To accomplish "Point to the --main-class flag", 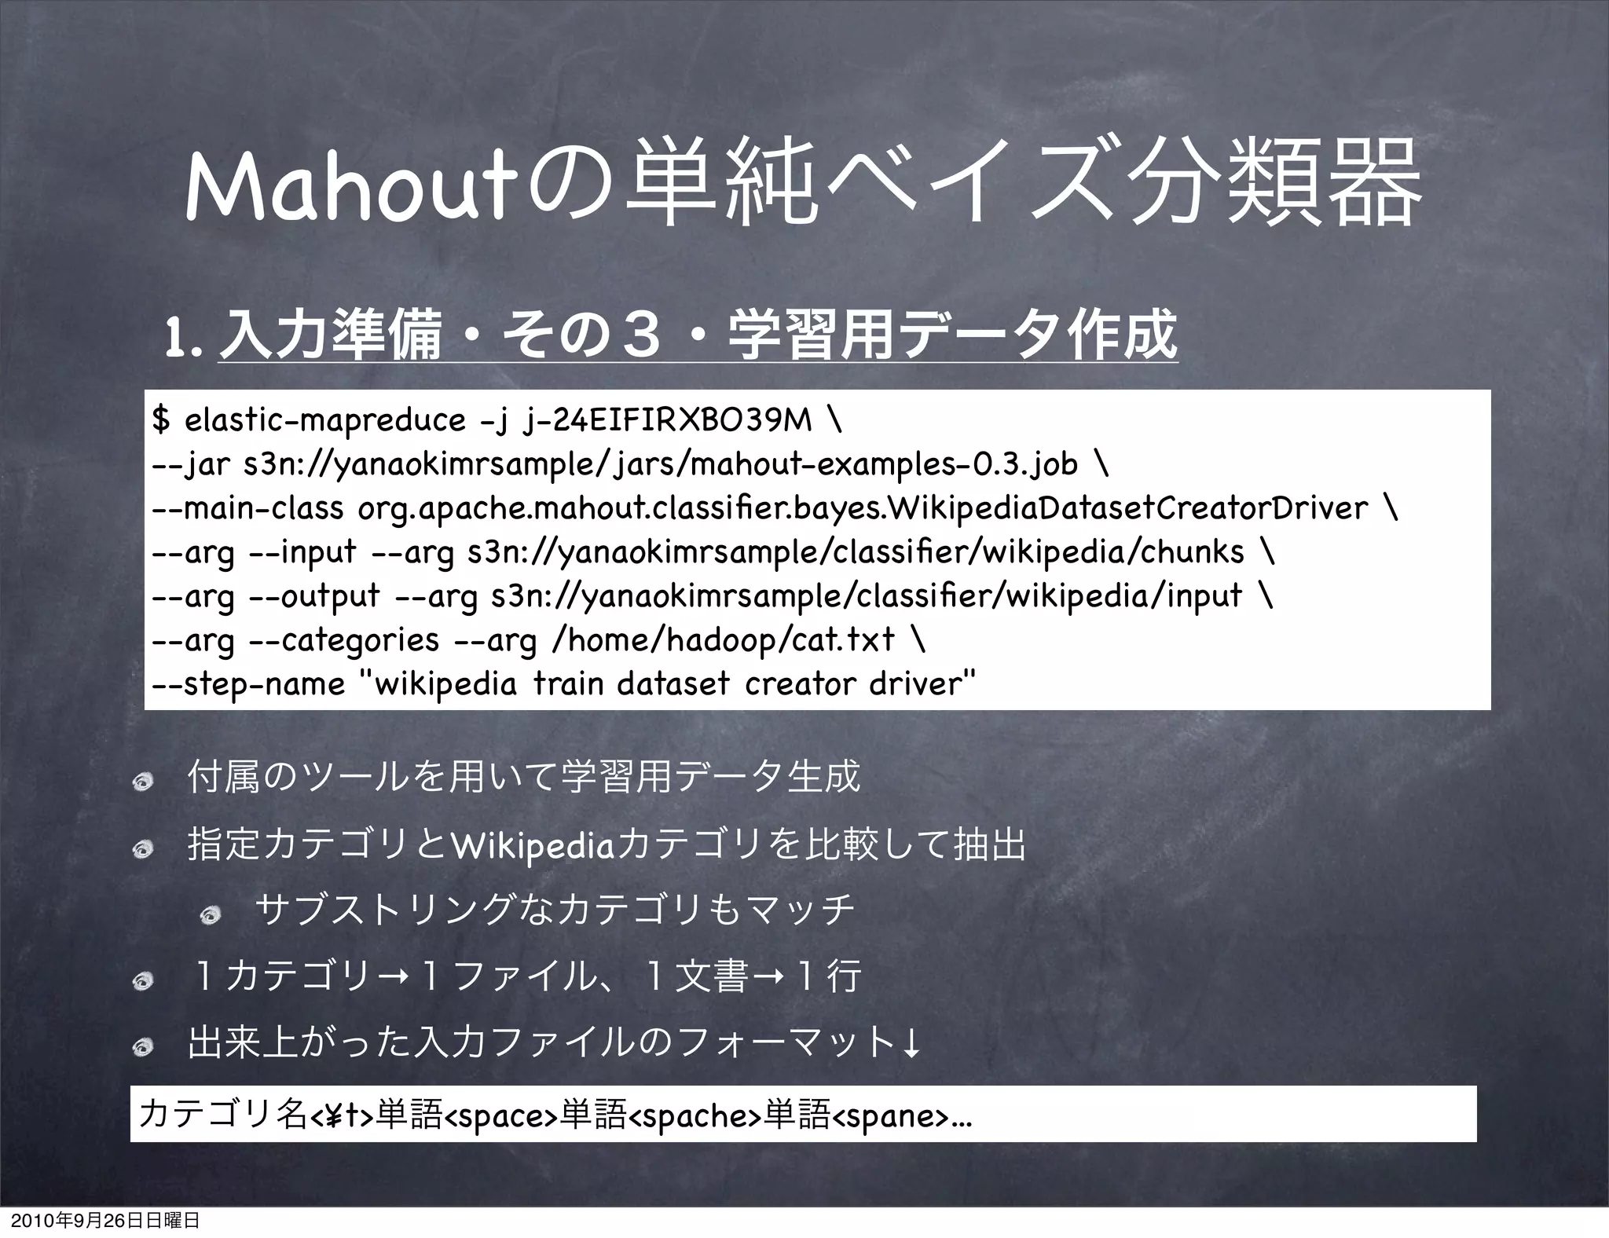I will tap(247, 509).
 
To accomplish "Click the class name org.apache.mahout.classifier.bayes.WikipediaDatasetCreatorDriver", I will tap(862, 509).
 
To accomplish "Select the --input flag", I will tap(302, 552).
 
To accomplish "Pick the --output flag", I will tap(313, 596).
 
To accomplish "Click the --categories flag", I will tap(343, 640).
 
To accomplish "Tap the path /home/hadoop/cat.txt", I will tap(724, 640).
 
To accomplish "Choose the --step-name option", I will tap(248, 684).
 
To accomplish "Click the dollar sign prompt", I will tap(160, 421).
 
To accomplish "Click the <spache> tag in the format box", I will tap(696, 1116).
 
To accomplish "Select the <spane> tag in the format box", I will tap(890, 1116).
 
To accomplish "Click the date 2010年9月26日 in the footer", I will tap(71, 1222).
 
